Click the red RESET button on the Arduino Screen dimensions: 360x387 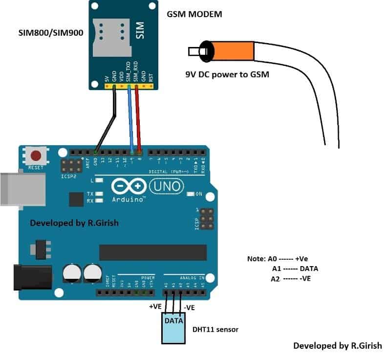[36, 156]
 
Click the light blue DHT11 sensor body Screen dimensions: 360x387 [173, 329]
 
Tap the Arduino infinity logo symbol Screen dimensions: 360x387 [129, 186]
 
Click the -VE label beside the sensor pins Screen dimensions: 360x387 [190, 308]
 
